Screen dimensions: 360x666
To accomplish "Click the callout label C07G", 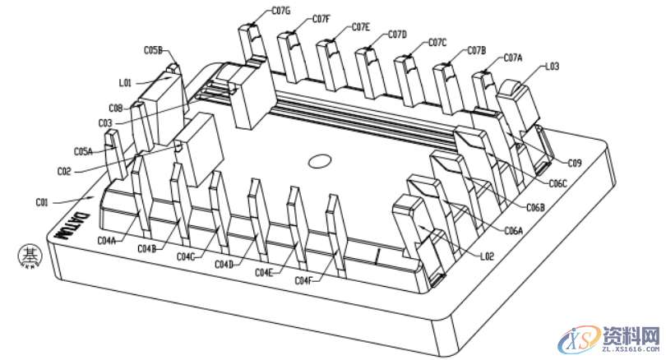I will [281, 11].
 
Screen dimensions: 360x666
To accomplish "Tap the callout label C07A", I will [512, 58].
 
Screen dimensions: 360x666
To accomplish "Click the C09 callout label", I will [574, 163].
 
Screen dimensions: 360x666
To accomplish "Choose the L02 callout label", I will [488, 256].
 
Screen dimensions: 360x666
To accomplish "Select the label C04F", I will [303, 281].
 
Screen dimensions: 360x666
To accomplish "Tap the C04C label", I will [187, 256].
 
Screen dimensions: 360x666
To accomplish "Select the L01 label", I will [125, 82].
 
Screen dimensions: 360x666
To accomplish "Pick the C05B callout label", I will [153, 50].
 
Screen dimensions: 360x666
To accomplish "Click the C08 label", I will [115, 108].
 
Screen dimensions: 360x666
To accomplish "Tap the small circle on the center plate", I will [318, 160].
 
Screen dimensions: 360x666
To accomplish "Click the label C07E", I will [361, 27].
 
